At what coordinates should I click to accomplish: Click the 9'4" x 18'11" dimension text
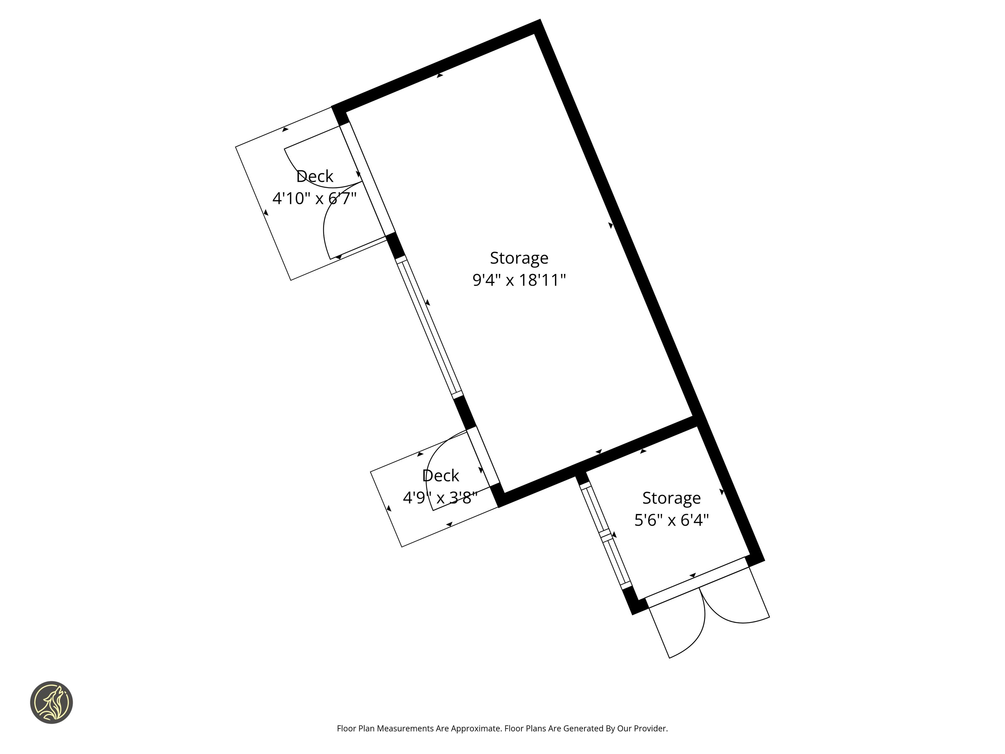click(x=519, y=280)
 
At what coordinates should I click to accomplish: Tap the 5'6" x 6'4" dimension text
click(x=671, y=520)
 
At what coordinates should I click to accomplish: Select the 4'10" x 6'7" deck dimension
click(x=314, y=199)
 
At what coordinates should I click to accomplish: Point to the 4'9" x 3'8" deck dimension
click(x=440, y=498)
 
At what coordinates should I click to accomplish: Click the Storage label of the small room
click(x=671, y=498)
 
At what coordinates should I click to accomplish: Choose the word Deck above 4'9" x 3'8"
click(x=440, y=476)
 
